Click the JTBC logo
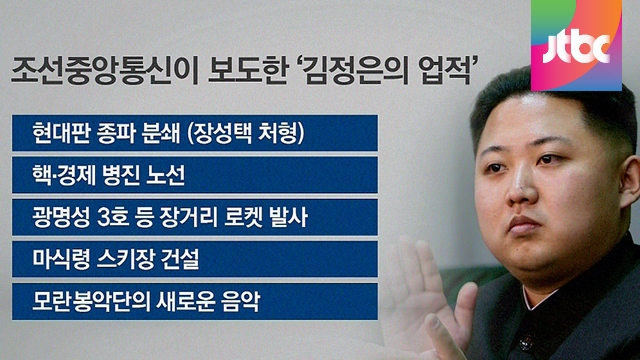576,45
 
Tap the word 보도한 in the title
247,71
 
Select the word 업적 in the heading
446,71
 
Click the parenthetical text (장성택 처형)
246,133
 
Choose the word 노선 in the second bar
166,175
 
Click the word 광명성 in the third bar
61,217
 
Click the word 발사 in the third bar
289,217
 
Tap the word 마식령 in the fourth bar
61,259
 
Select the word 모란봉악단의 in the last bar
89,301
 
